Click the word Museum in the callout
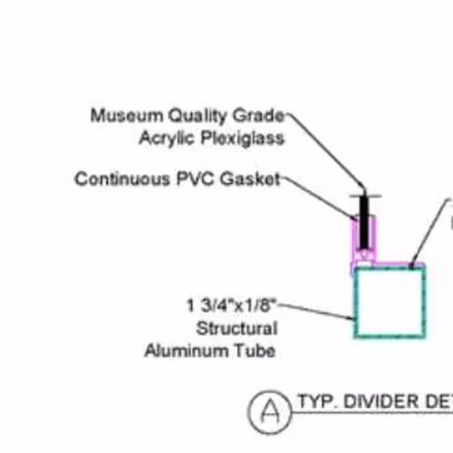click(127, 115)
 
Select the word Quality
click(198, 116)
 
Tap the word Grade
click(258, 115)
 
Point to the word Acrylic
click(167, 139)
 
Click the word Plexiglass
click(243, 139)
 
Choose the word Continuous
click(122, 178)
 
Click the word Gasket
click(250, 178)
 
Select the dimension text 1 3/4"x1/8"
click(232, 305)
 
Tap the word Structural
click(236, 328)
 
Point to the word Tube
click(255, 351)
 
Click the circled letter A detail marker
click(270, 411)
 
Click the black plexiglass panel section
click(364, 222)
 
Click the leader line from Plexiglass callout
click(325, 150)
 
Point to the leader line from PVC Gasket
click(318, 198)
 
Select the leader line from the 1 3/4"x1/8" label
click(316, 312)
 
